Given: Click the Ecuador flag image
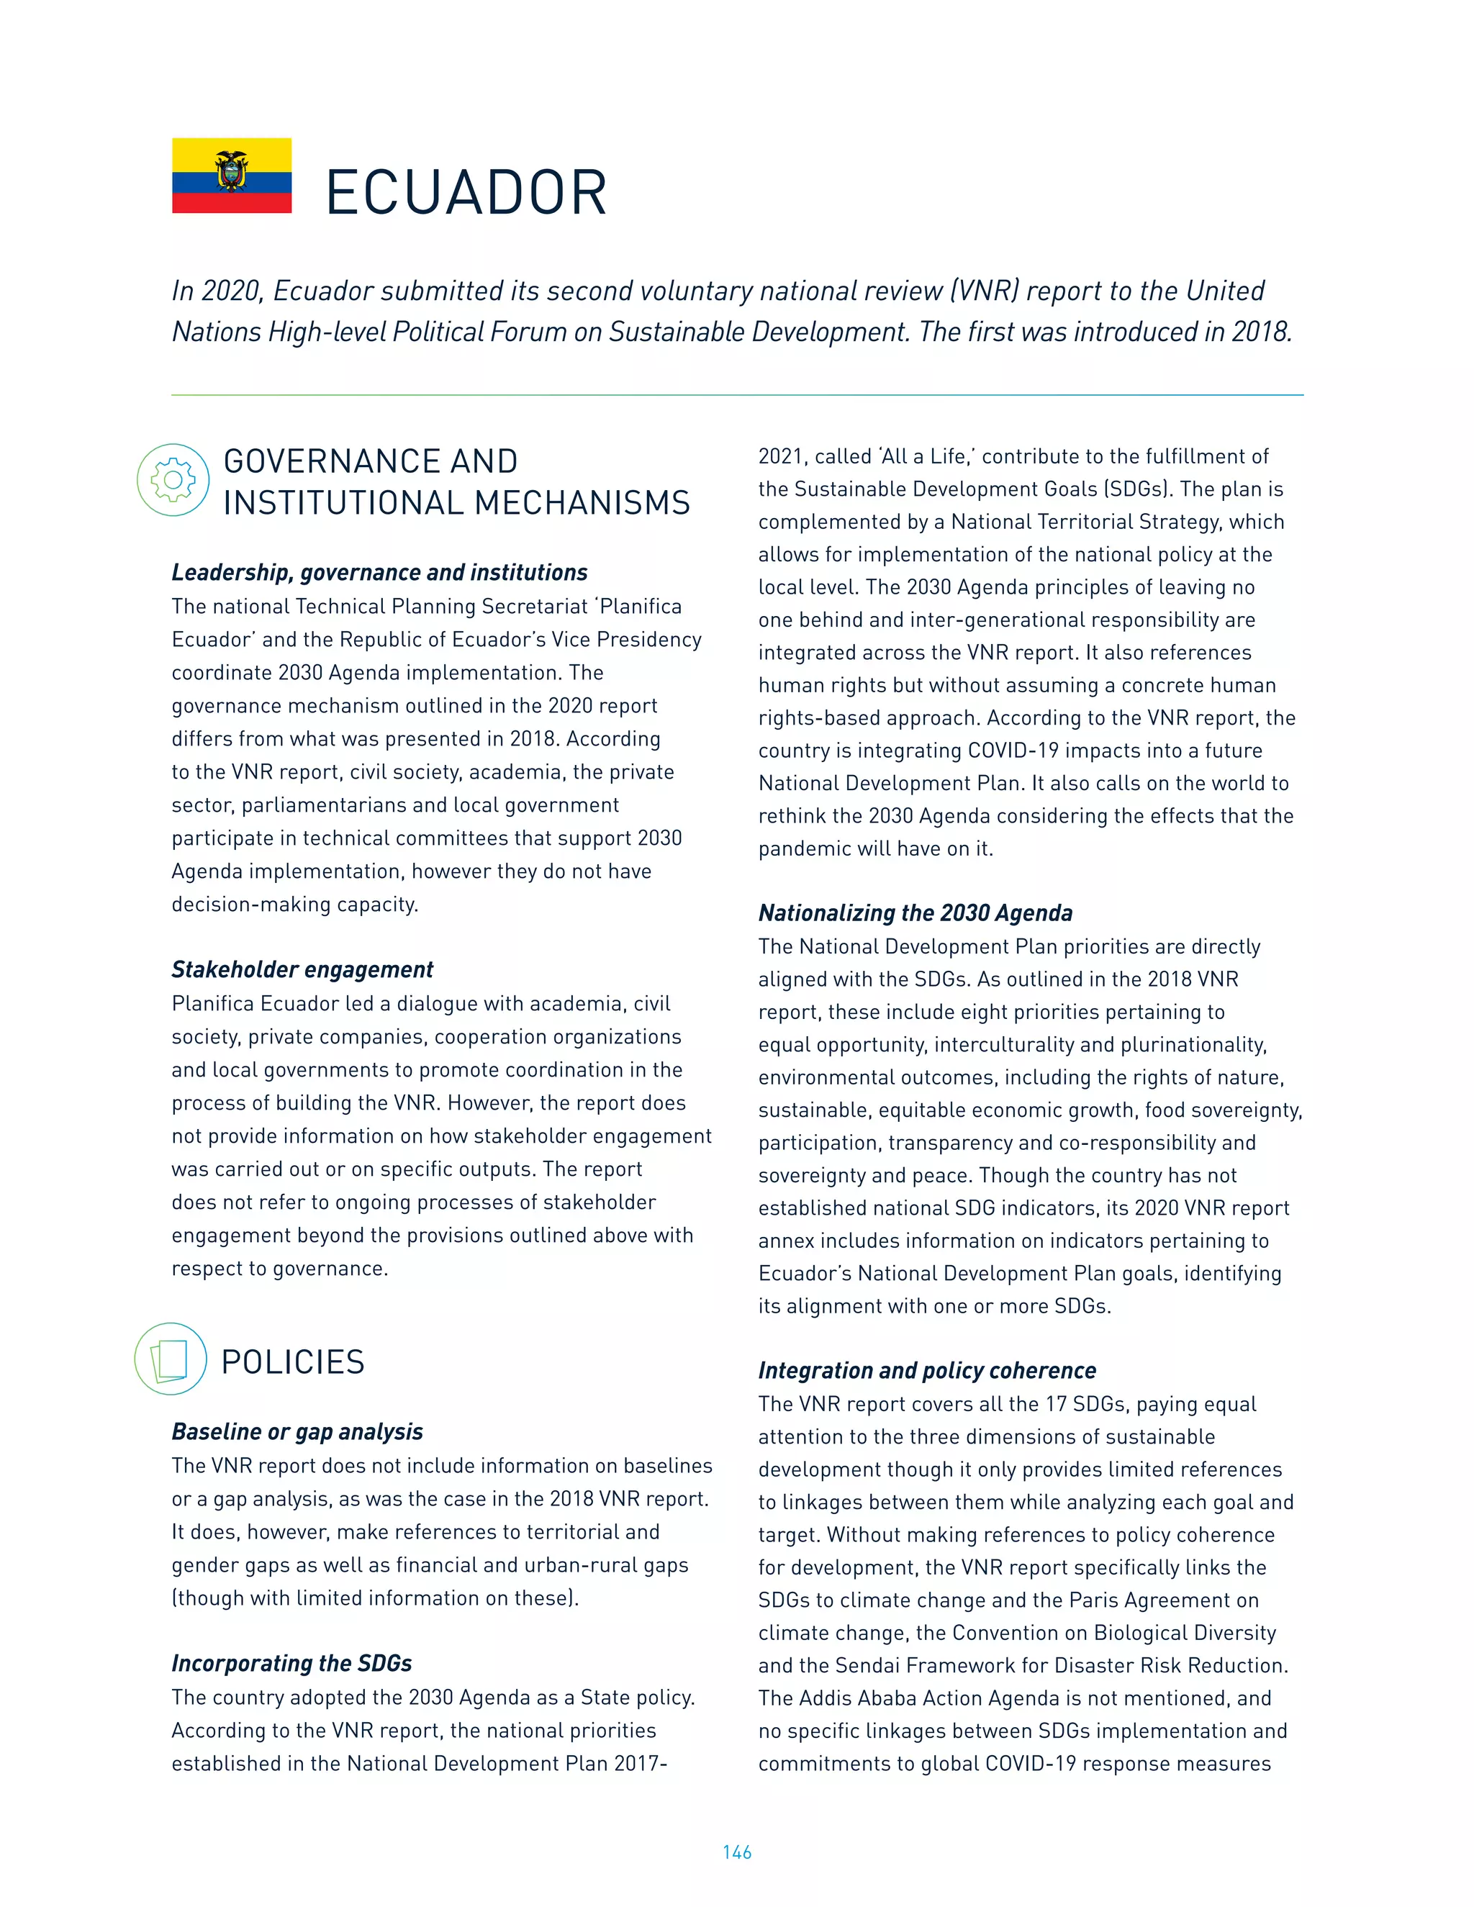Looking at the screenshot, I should pyautogui.click(x=232, y=176).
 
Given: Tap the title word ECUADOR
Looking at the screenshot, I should pyautogui.click(x=466, y=193).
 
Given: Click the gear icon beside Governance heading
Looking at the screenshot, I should pyautogui.click(x=173, y=479).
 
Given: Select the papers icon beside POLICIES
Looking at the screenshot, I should pyautogui.click(x=171, y=1359).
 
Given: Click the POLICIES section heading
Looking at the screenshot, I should pyautogui.click(x=292, y=1362).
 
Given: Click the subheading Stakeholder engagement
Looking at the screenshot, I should pyautogui.click(x=302, y=969).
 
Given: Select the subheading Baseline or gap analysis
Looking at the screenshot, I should pyautogui.click(x=297, y=1431).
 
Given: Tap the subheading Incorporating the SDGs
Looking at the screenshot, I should pyautogui.click(x=291, y=1662).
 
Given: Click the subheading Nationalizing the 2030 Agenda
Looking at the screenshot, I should pyautogui.click(x=915, y=912).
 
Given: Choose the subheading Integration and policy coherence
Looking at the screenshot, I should pyautogui.click(x=926, y=1370).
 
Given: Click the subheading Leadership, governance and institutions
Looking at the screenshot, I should pyautogui.click(x=379, y=572).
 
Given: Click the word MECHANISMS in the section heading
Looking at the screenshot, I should pyautogui.click(x=582, y=503).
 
